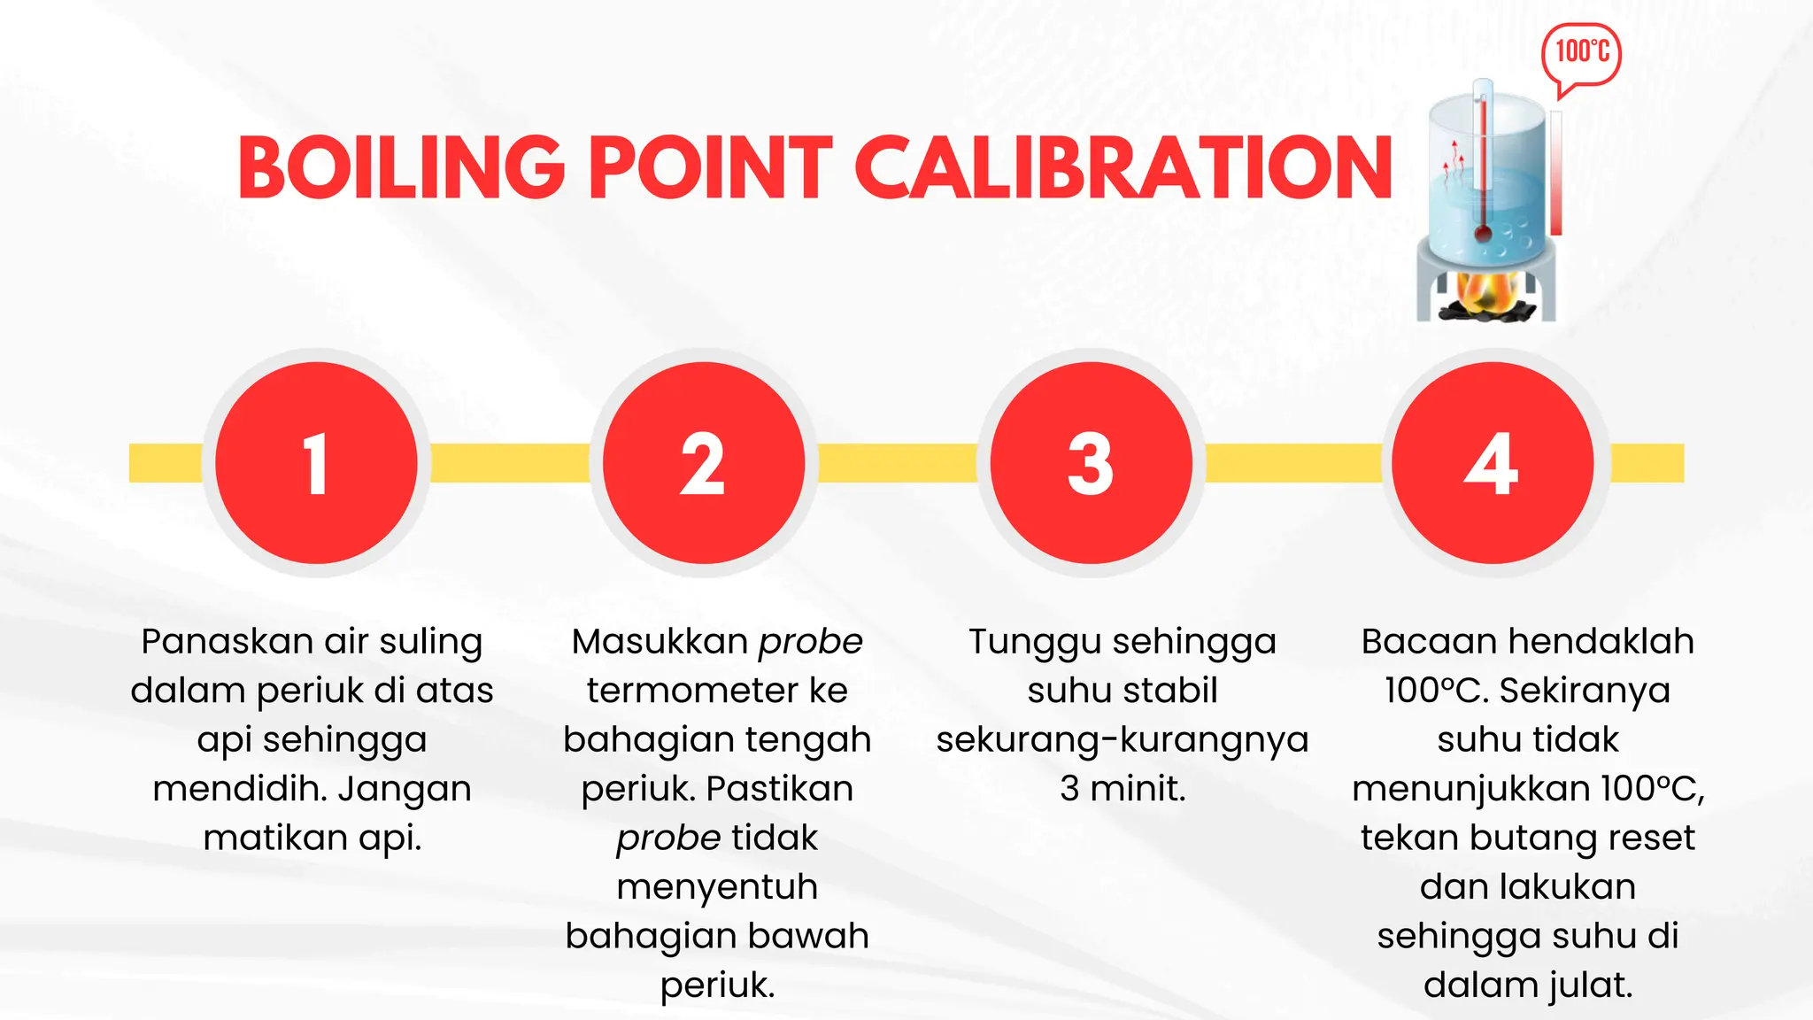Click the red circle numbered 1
tap(316, 463)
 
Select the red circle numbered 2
tap(704, 463)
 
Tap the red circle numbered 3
tap(1092, 463)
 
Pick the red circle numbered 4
tap(1493, 463)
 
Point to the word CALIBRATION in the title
tap(1123, 167)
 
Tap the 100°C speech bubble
tap(1582, 53)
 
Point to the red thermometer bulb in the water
tap(1483, 234)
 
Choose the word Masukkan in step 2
tap(660, 641)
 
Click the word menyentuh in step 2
tap(717, 887)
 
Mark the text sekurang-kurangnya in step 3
tap(1122, 739)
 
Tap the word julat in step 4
tap(1587, 985)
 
